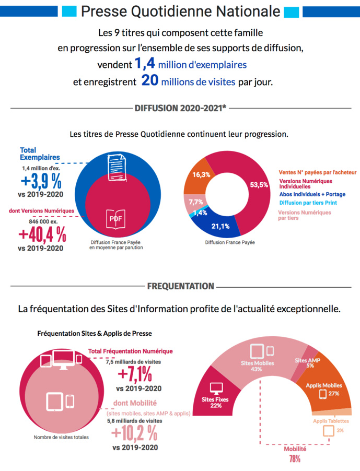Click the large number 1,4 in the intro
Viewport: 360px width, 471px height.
145,65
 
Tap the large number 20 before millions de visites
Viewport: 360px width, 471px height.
149,82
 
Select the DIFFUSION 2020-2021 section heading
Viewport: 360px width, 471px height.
180,109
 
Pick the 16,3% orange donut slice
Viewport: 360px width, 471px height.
202,175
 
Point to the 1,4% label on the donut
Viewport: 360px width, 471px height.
200,213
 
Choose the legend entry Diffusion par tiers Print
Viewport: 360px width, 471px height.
308,203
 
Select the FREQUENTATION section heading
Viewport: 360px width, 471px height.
180,286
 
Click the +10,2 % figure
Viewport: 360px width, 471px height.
134,432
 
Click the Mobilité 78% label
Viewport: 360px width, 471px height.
295,453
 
